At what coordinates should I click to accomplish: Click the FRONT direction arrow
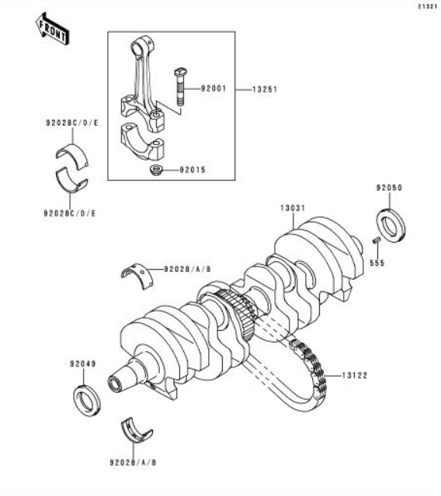(x=51, y=29)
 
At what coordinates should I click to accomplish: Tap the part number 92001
(x=214, y=88)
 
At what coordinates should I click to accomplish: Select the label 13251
(x=265, y=90)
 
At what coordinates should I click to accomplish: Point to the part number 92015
(x=193, y=170)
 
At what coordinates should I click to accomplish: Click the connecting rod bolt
(x=181, y=87)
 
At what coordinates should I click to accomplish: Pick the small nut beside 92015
(x=156, y=170)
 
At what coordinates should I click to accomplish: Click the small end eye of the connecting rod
(x=141, y=46)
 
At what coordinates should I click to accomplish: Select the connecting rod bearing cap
(x=143, y=140)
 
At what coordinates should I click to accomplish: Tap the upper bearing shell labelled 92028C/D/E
(x=72, y=155)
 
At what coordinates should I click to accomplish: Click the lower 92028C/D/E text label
(x=70, y=214)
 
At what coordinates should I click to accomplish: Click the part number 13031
(x=293, y=208)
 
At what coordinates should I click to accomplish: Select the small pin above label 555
(x=377, y=240)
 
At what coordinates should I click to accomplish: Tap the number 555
(x=377, y=263)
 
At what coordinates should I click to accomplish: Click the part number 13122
(x=355, y=375)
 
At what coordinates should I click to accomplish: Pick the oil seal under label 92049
(x=87, y=400)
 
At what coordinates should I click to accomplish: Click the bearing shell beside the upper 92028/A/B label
(x=137, y=276)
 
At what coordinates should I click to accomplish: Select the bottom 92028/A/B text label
(x=133, y=463)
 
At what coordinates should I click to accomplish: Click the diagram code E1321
(x=428, y=7)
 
